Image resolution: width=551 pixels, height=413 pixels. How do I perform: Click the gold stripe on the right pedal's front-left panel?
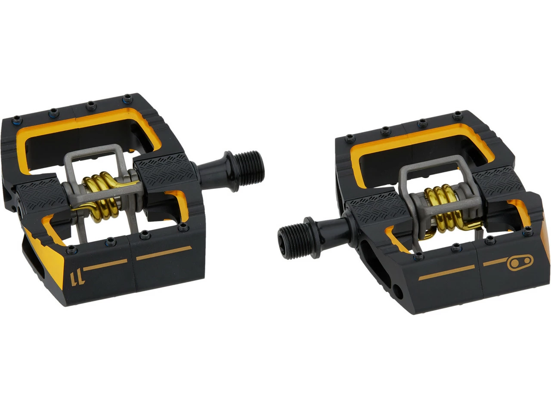click(446, 273)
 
